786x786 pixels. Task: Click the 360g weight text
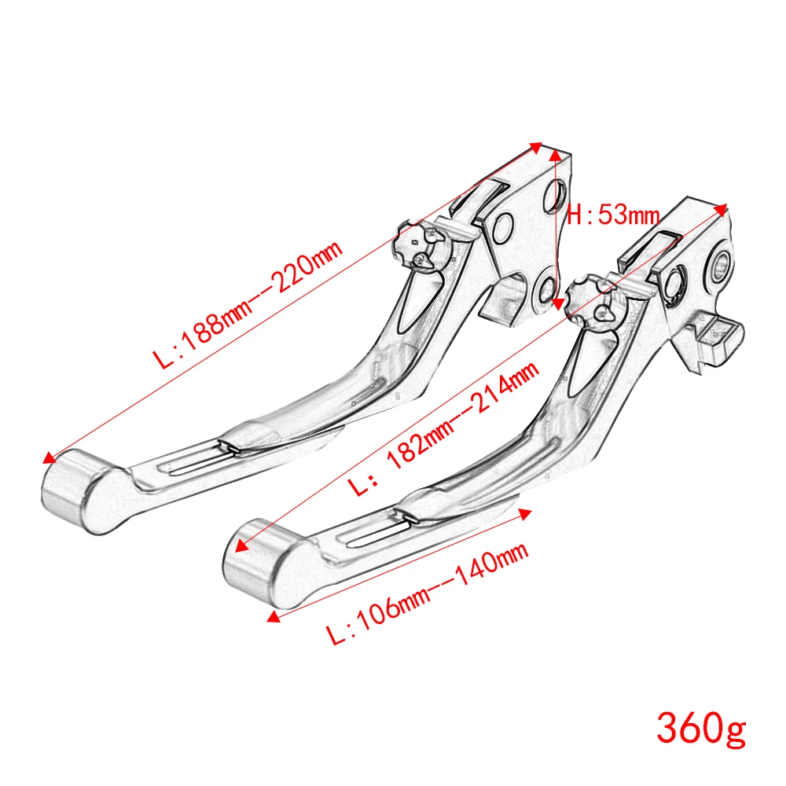(700, 728)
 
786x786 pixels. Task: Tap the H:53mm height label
(614, 214)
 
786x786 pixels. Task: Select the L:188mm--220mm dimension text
(248, 306)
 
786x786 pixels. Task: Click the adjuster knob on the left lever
(421, 245)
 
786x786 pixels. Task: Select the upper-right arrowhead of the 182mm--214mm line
(723, 207)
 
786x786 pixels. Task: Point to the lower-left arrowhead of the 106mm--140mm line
(273, 618)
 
